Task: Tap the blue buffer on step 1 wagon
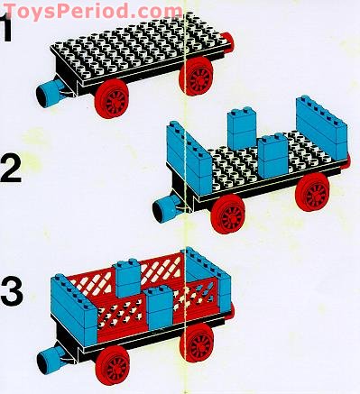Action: [x=46, y=90]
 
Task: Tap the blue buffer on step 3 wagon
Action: [x=46, y=359]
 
